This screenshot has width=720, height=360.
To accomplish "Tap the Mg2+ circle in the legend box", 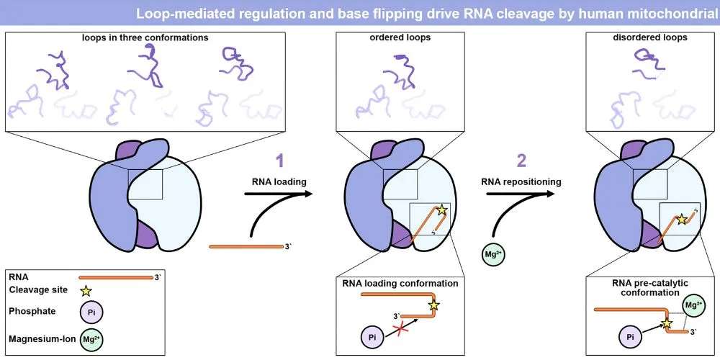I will [x=90, y=338].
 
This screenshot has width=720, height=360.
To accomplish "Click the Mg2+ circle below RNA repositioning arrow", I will [x=494, y=255].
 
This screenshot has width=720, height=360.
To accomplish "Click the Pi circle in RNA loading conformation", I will [x=372, y=336].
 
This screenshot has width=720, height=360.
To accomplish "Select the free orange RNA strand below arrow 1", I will [x=246, y=247].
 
